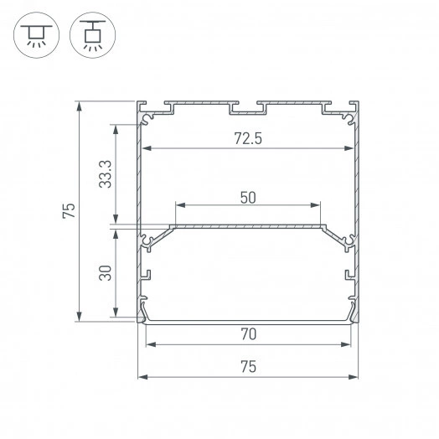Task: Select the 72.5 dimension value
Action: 248,139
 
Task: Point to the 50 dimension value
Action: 247,198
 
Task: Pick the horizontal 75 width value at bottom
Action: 247,366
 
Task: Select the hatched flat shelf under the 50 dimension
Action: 247,226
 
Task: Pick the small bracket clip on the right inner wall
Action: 348,275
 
